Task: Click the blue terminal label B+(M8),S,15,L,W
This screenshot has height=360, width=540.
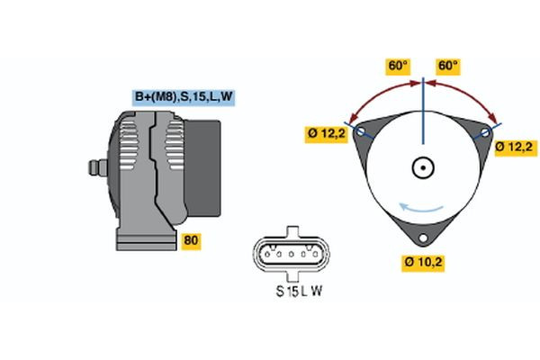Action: pyautogui.click(x=184, y=96)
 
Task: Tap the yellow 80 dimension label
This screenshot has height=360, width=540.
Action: pyautogui.click(x=191, y=240)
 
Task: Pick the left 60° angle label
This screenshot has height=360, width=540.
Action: pyautogui.click(x=397, y=67)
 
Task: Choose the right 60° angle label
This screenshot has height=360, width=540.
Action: pyautogui.click(x=447, y=67)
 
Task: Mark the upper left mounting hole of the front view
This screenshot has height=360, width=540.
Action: pyautogui.click(x=362, y=131)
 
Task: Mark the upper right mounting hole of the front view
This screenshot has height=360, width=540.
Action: pyautogui.click(x=484, y=132)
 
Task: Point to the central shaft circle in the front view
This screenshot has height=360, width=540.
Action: pyautogui.click(x=422, y=167)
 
